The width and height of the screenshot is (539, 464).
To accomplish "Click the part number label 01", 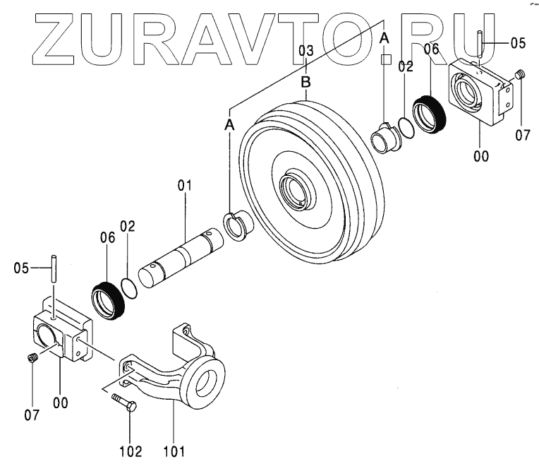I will (184, 186).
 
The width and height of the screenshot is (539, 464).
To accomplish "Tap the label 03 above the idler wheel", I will (305, 51).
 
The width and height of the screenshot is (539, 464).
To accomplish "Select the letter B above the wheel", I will (305, 83).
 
